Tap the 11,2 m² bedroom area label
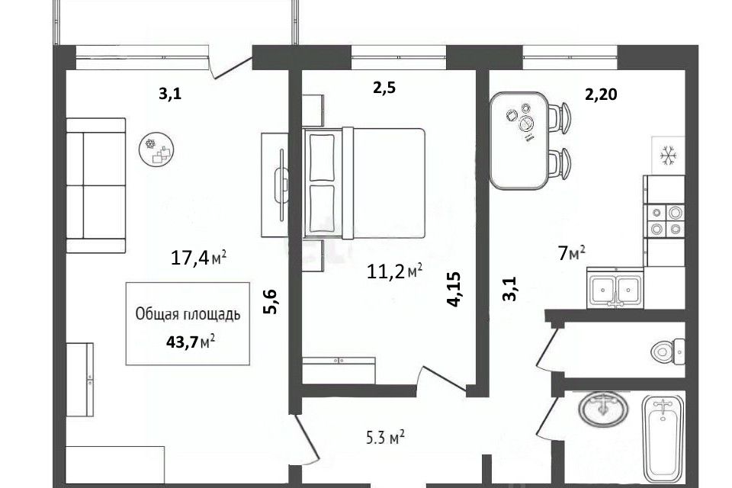point(395,271)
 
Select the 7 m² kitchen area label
point(572,254)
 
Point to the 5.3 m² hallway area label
point(384,438)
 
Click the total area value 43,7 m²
point(191,342)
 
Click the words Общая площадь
point(188,314)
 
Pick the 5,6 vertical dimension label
point(271,302)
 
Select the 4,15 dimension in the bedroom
point(454,289)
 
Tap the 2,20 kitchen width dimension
point(602,95)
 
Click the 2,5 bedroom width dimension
point(384,88)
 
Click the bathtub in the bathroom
point(663,438)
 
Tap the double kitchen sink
point(615,287)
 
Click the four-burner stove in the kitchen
point(665,220)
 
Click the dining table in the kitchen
point(519,141)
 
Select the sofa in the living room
point(96,185)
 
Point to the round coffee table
point(156,149)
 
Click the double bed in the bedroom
point(364,183)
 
